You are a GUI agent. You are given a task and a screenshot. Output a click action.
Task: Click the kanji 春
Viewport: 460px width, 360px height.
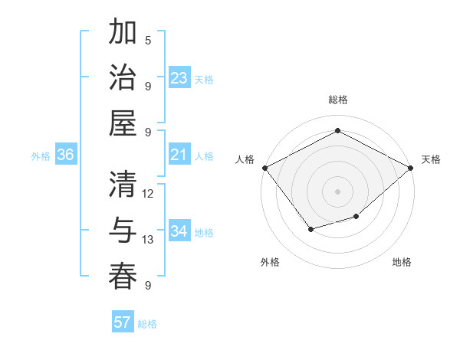tap(123, 275)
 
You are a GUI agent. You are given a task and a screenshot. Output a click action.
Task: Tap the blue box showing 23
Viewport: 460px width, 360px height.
tap(179, 78)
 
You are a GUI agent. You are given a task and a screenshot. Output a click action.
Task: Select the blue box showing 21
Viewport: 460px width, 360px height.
tap(179, 155)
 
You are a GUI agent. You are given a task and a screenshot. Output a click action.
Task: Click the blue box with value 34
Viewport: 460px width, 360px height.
tap(179, 232)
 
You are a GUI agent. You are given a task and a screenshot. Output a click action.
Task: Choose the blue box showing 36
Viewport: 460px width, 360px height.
tap(66, 155)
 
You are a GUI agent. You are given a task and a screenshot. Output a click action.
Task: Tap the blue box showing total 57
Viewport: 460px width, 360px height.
tap(123, 322)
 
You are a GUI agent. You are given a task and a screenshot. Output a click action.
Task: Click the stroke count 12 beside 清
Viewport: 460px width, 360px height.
tap(148, 194)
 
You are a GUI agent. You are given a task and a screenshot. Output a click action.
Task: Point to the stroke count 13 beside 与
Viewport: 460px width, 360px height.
tap(148, 240)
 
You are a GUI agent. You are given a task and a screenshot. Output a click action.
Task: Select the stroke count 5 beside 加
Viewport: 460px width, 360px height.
tap(148, 41)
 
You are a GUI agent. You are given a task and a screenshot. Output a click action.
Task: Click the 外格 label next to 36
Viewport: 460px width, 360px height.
tap(41, 156)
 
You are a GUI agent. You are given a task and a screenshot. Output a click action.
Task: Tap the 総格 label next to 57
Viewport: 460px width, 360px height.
tap(147, 324)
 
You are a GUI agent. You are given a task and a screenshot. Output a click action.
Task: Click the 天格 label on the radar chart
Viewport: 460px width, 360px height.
tap(432, 159)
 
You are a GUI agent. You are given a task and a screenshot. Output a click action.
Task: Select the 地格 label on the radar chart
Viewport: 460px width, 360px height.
tap(402, 263)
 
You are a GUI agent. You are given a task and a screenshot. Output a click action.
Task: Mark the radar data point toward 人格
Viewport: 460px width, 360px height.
tap(264, 168)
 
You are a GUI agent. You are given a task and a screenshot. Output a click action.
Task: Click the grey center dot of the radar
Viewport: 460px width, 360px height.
tap(337, 191)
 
